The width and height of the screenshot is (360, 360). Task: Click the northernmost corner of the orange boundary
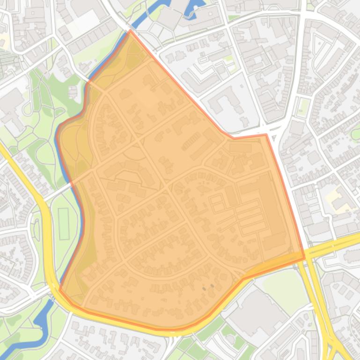click(131, 31)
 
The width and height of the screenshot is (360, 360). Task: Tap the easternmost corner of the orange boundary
click(305, 257)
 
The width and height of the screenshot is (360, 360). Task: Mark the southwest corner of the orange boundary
click(60, 290)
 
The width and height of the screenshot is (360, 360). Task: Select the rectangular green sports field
click(63, 224)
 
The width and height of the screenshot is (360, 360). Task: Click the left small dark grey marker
click(204, 288)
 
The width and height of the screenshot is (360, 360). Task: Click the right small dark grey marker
click(212, 285)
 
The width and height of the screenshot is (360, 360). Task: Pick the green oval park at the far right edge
click(356, 134)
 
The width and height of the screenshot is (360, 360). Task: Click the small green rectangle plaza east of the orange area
click(303, 107)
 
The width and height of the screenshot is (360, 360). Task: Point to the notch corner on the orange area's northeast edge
click(266, 135)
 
